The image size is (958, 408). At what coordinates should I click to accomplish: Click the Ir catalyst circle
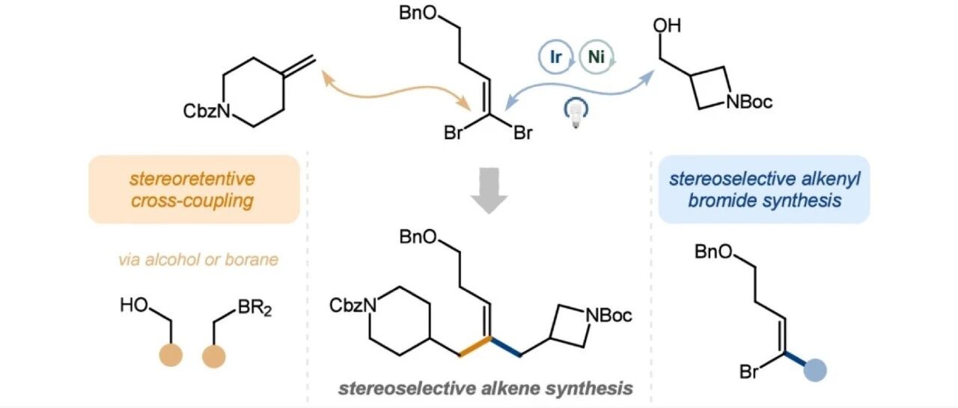point(555,56)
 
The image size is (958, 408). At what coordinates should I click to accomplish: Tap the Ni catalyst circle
point(597,56)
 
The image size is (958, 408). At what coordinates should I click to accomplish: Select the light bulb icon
point(576,112)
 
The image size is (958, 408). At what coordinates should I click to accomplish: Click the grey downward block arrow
point(489,190)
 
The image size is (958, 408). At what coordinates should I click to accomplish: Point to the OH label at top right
point(667,25)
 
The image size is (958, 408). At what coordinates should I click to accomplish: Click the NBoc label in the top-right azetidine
point(749,102)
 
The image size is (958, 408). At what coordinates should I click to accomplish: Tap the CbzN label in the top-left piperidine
point(207,112)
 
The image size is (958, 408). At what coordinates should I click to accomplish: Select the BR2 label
point(254,308)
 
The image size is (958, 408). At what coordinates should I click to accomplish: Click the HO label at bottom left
point(134,305)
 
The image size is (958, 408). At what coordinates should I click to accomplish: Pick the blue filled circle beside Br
point(815,370)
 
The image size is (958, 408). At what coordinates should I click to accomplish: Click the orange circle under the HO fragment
point(171,356)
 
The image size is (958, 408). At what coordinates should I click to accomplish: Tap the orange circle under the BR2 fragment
point(214,356)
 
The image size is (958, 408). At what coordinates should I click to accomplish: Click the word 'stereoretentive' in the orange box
point(192,179)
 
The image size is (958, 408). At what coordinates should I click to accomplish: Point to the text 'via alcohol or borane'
point(198,260)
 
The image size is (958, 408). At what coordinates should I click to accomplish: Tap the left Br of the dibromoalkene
point(453,133)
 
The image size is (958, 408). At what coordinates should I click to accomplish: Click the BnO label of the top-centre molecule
point(418,13)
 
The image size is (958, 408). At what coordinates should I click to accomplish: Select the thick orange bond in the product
point(475,346)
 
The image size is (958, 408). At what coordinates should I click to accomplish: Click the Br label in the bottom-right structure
point(749,371)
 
